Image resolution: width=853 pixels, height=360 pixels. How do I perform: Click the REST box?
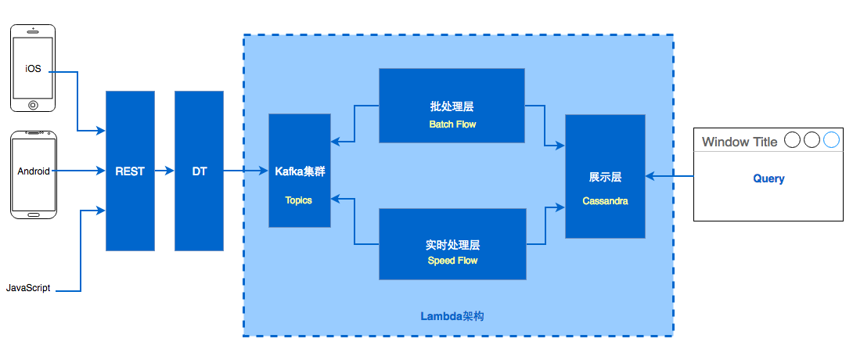pos(130,171)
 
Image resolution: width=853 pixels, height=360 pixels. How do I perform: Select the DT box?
pos(199,171)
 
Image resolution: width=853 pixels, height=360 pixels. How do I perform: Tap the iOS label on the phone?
pos(33,69)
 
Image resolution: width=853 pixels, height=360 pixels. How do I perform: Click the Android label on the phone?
pos(34,171)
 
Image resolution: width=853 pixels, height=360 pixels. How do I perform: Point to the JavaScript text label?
pos(28,288)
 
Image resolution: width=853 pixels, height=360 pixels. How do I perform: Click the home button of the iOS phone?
pos(33,104)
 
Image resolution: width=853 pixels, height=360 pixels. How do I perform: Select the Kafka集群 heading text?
pos(299,171)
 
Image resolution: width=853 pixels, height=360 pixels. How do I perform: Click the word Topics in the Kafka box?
pos(299,200)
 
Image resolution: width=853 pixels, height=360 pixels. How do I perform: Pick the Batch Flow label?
pos(452,124)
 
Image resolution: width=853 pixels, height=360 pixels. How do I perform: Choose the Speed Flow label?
pos(452,261)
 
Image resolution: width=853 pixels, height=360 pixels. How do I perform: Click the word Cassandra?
pos(605,201)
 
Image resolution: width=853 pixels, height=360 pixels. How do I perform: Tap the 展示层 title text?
pos(605,178)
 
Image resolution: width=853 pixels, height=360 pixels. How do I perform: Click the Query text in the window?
pos(768,178)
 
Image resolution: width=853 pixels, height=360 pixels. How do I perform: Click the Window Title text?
pos(740,142)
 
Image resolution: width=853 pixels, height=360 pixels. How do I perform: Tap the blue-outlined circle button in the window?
pos(830,140)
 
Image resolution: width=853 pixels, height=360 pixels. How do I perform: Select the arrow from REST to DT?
pos(164,171)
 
